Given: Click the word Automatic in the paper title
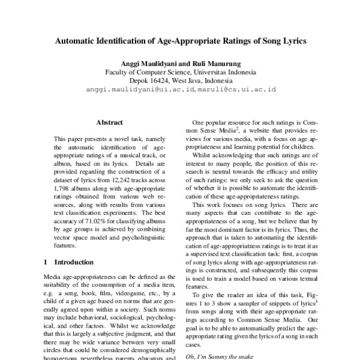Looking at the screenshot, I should click(77, 43).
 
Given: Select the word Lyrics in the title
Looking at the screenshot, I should click(291, 43).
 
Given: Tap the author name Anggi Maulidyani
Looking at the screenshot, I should click(149, 62).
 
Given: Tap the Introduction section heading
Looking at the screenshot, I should click(74, 262).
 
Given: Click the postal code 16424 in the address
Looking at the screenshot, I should click(158, 80).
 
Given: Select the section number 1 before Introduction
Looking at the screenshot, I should click(46, 262).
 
